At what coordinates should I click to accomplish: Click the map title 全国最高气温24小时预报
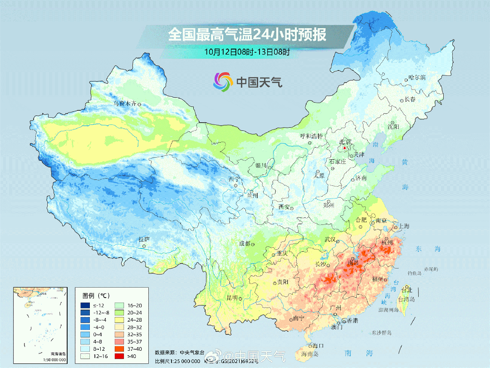pos(247,35)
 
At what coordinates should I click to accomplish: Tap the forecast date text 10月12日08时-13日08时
pos(247,52)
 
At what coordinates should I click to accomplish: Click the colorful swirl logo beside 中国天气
pos(223,82)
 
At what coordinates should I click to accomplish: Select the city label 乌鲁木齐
pos(124,104)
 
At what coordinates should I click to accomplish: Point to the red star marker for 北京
pos(345,148)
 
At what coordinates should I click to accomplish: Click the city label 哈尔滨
pos(417,78)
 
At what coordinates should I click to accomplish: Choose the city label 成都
pos(245,244)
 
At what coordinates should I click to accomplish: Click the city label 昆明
pos(232,298)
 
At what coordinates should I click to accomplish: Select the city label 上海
pos(403,226)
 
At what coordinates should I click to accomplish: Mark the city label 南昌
pos(353,263)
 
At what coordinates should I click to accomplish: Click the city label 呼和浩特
pos(311,136)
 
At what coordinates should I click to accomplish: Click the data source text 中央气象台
pos(191,352)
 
